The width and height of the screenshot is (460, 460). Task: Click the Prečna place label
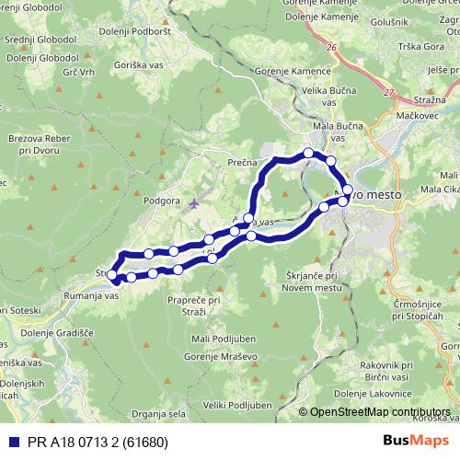tap(241, 161)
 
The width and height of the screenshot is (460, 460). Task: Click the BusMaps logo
tap(418, 441)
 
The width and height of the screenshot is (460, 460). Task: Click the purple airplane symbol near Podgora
tap(192, 202)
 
